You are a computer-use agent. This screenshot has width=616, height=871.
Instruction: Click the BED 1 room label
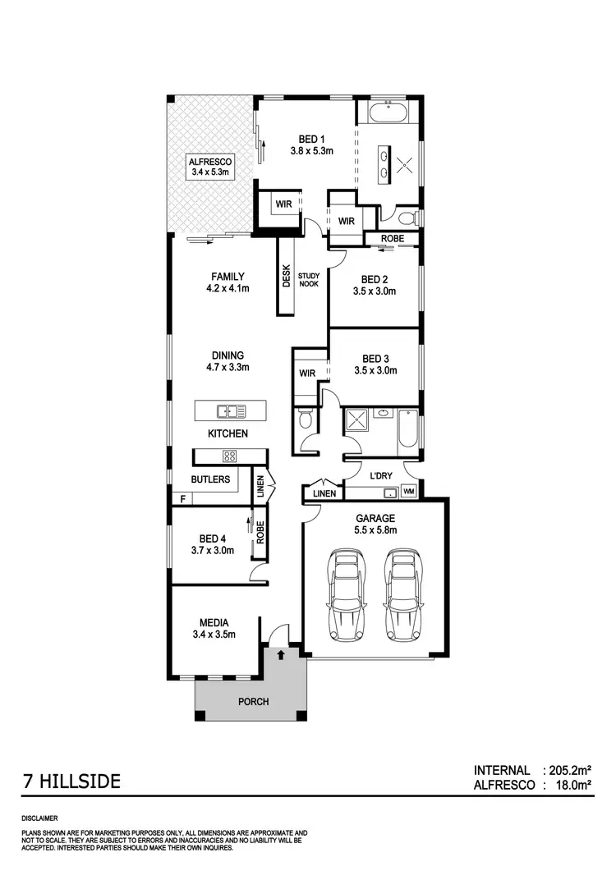[x=311, y=144]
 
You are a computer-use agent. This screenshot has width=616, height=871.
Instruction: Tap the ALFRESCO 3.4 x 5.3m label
[x=211, y=167]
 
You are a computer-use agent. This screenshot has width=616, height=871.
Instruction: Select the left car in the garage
[x=345, y=595]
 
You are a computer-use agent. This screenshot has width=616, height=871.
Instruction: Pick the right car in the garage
[x=402, y=595]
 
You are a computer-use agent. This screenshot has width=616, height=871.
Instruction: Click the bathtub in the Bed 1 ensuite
[x=389, y=112]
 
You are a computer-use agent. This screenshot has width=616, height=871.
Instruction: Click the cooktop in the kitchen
[x=230, y=456]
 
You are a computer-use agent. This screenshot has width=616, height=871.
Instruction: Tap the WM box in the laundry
[x=408, y=492]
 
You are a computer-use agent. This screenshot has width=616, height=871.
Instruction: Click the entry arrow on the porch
[x=281, y=655]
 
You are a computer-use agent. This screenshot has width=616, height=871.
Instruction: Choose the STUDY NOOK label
[x=309, y=279]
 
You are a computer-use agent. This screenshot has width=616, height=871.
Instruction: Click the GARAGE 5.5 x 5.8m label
[x=375, y=524]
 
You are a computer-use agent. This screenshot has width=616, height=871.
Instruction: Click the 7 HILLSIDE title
[x=71, y=782]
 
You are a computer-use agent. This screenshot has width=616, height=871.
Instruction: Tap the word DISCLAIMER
[x=39, y=818]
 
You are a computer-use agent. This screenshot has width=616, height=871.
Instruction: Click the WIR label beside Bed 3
[x=308, y=373]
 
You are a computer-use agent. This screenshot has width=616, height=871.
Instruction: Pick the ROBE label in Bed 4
[x=259, y=534]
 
